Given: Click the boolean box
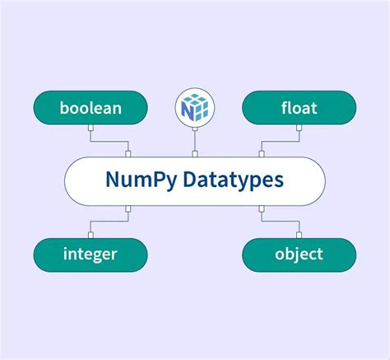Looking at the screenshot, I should pos(91,107).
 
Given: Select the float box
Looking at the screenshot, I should pos(299,107).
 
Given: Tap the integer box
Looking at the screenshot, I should pos(91,255).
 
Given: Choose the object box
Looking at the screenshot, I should pos(299,255).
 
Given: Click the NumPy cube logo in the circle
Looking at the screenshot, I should pos(195,106).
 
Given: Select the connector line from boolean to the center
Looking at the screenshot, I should pos(111,141).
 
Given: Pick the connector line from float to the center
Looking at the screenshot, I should pos(280,141).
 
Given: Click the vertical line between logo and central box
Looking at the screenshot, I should pos(195,140).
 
